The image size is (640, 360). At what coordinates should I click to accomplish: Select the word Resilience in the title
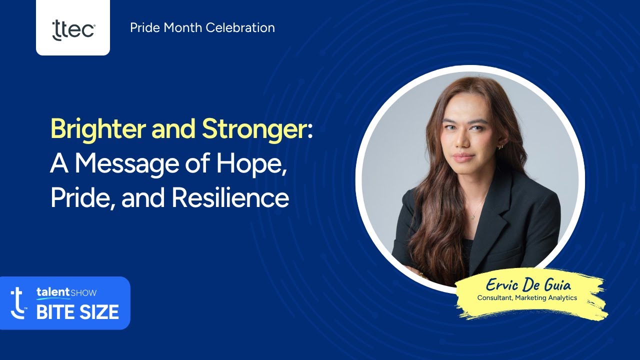click(x=230, y=198)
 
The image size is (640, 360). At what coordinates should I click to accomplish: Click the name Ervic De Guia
click(x=528, y=286)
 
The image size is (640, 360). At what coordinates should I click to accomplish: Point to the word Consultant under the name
click(x=496, y=298)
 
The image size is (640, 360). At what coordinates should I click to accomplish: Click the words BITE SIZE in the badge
click(x=77, y=312)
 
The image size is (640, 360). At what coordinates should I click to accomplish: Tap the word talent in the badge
click(x=52, y=292)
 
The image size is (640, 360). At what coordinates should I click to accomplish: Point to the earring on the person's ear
click(x=499, y=146)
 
